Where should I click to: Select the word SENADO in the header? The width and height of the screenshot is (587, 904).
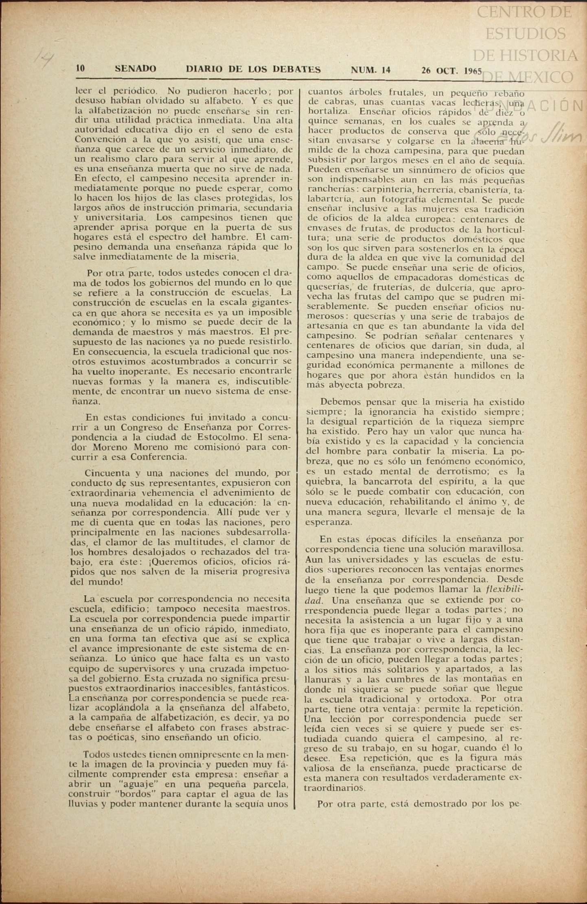[x=135, y=69]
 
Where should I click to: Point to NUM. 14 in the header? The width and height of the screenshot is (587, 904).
[x=370, y=70]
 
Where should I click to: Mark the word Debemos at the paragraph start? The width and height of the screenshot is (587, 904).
[x=340, y=402]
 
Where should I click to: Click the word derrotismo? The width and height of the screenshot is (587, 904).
[x=431, y=472]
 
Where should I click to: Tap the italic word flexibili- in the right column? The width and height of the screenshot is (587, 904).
[x=505, y=590]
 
